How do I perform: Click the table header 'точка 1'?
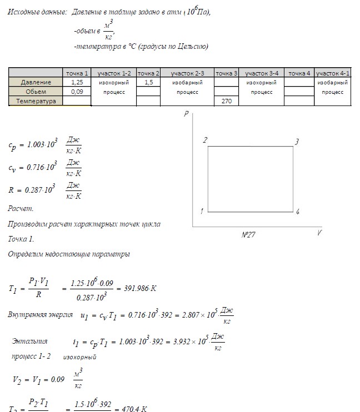(77, 73)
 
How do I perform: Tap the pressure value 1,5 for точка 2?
(148, 82)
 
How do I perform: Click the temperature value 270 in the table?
(227, 101)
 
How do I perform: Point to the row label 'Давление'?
(36, 82)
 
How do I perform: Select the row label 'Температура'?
(36, 101)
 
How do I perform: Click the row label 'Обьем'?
(36, 92)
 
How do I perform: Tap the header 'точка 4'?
(299, 73)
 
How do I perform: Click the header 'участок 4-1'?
(333, 73)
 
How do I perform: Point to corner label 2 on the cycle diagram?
(205, 140)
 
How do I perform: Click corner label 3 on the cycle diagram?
(297, 142)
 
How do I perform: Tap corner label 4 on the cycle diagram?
(298, 212)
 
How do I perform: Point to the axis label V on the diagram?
(319, 233)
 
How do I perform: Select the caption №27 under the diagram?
(248, 235)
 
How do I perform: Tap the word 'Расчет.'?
(21, 209)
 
